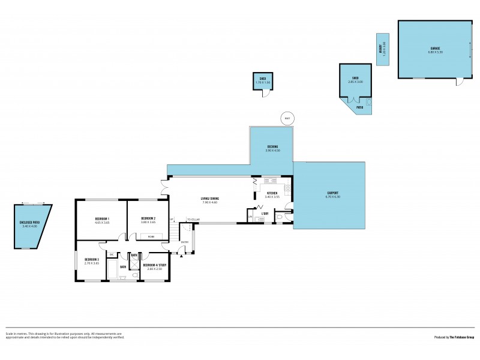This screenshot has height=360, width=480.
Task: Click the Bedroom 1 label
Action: (101, 218)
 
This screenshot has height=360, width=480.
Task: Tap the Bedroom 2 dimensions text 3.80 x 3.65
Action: (148, 222)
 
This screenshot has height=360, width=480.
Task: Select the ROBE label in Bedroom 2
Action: (151, 236)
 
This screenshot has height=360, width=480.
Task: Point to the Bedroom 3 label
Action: (92, 259)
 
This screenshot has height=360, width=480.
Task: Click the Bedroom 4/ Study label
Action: (155, 265)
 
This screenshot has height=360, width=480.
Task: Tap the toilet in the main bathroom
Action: (122, 277)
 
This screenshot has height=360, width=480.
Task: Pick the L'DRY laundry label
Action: (264, 213)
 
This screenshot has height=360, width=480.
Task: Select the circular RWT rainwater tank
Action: (287, 118)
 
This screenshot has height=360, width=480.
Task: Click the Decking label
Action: (272, 146)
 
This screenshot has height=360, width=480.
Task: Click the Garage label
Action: (436, 48)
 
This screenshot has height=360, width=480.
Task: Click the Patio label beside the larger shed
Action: (360, 107)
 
